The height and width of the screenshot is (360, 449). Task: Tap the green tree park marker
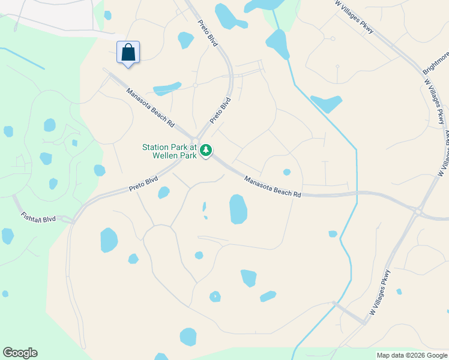coord(206,150)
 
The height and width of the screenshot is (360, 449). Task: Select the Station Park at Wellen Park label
coord(169,151)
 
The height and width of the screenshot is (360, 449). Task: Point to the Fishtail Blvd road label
coord(38,217)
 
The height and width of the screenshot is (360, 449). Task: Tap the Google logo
coord(20,353)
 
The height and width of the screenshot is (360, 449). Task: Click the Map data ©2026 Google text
coord(412,355)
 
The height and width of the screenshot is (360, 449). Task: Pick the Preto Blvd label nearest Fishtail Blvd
coord(143,184)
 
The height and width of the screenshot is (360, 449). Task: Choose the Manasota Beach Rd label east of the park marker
coord(272,186)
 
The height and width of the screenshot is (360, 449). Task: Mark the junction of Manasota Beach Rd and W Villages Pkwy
coord(417,211)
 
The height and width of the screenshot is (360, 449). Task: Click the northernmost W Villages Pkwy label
coord(354,16)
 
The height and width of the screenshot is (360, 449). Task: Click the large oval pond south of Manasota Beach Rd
coord(238,209)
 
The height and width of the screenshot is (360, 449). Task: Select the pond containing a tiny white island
coord(215,296)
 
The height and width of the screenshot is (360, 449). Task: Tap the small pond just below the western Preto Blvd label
coord(163,193)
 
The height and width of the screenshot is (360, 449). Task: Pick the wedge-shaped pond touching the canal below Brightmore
coord(326,104)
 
